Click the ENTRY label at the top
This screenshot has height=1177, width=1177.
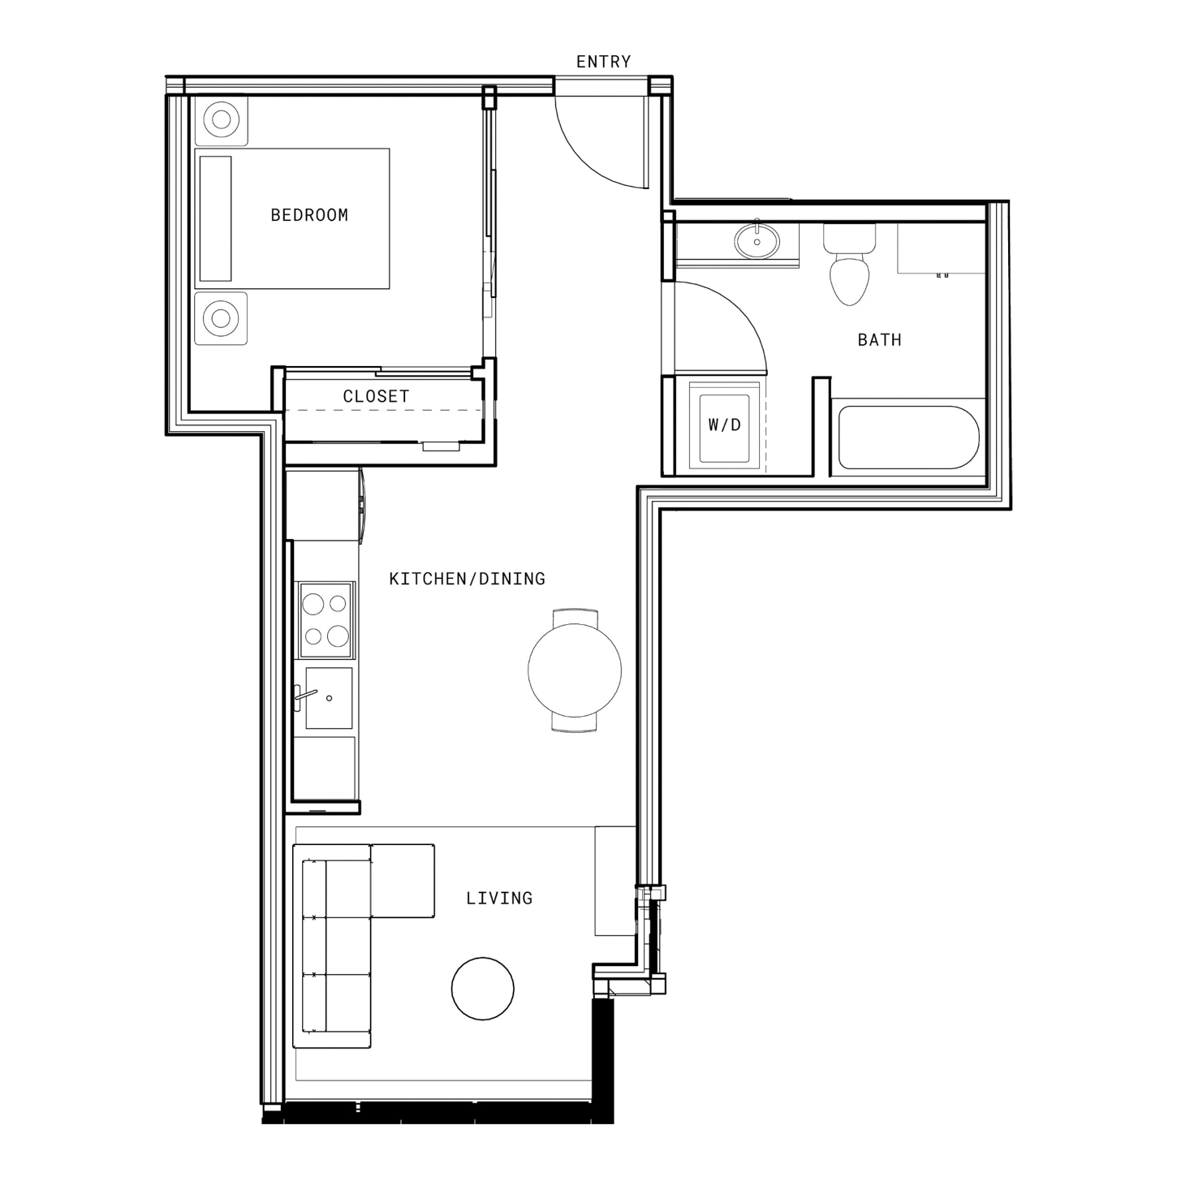pyautogui.click(x=603, y=62)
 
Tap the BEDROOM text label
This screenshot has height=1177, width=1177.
pyautogui.click(x=309, y=215)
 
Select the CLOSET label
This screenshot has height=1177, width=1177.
pyautogui.click(x=376, y=396)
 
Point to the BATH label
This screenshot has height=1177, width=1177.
pyautogui.click(x=879, y=339)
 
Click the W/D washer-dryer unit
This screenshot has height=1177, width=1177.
pyautogui.click(x=724, y=425)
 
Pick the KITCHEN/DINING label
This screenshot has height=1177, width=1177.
pyautogui.click(x=468, y=579)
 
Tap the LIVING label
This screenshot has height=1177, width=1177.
pyautogui.click(x=499, y=898)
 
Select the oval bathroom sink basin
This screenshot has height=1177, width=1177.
pyautogui.click(x=757, y=241)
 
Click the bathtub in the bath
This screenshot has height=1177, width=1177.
pyautogui.click(x=908, y=438)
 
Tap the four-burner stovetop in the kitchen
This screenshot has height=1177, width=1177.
pyautogui.click(x=326, y=620)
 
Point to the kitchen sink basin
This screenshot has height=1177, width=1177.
pyautogui.click(x=329, y=697)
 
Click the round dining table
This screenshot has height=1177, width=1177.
pyautogui.click(x=575, y=670)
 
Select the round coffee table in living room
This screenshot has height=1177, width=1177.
pyautogui.click(x=482, y=988)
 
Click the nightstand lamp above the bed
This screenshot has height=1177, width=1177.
pyautogui.click(x=221, y=119)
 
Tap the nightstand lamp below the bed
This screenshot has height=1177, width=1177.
pyautogui.click(x=221, y=318)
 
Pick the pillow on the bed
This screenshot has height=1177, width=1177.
pyautogui.click(x=216, y=218)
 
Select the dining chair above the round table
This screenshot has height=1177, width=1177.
pyautogui.click(x=575, y=617)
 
